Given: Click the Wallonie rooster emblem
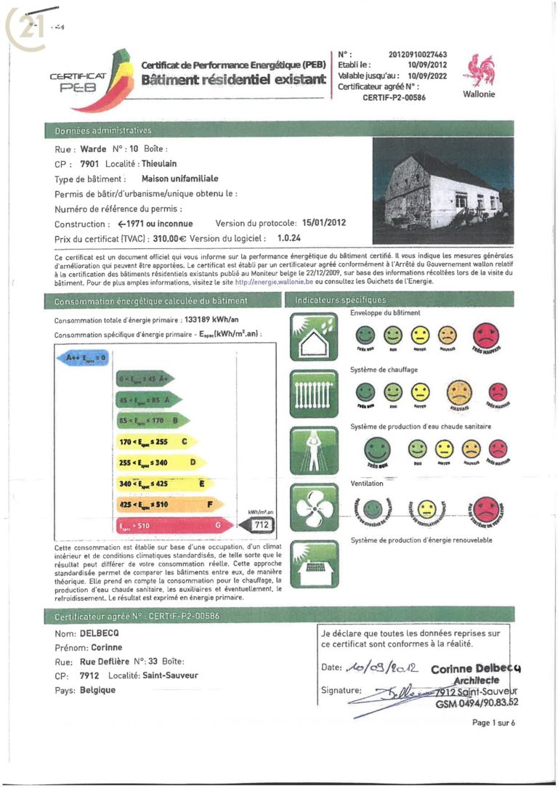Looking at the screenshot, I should [478, 70].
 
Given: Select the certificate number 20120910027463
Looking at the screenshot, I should [418, 54].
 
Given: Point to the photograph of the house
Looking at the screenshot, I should [443, 191].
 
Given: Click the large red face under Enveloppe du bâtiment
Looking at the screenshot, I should [487, 336].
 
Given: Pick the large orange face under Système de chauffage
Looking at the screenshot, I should [457, 393].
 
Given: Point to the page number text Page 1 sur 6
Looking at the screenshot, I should [493, 723].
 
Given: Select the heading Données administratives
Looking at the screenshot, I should [103, 131].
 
